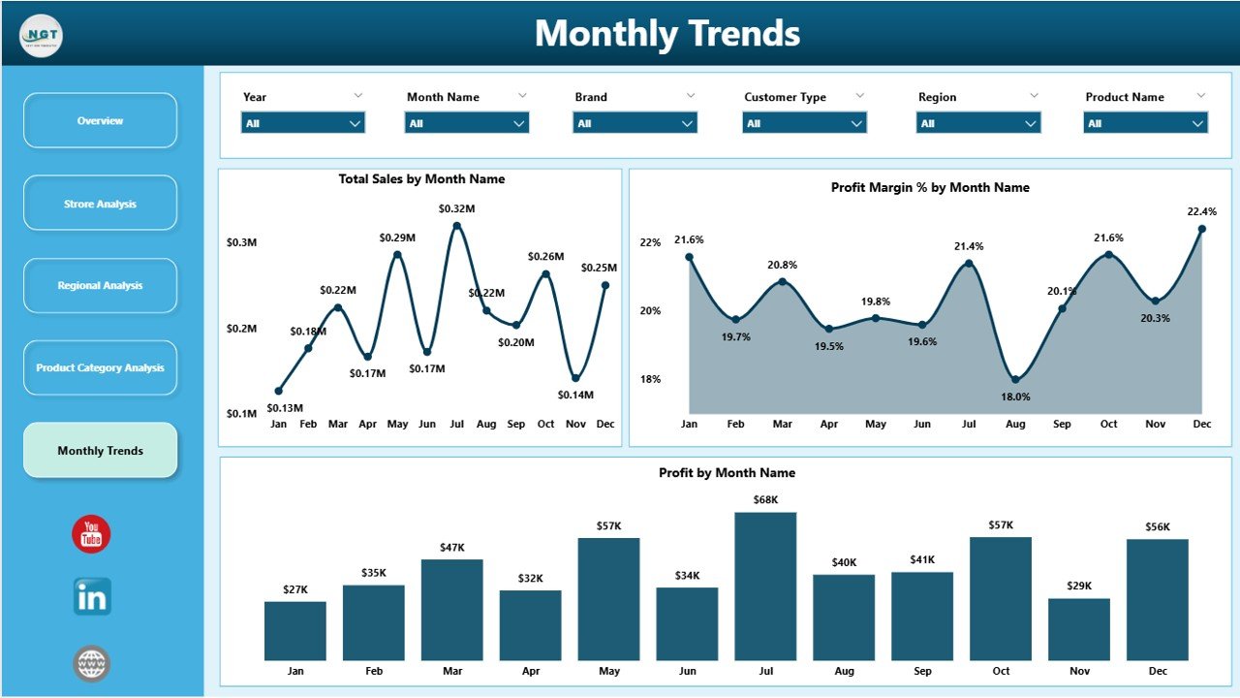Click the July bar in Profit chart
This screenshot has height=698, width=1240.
click(765, 586)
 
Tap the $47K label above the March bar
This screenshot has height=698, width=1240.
click(451, 548)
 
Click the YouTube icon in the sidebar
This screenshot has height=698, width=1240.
click(91, 534)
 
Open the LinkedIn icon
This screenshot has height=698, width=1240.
click(92, 597)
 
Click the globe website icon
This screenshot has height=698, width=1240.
click(92, 664)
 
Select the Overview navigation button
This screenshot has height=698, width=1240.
click(100, 121)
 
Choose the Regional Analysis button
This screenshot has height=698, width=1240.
click(100, 286)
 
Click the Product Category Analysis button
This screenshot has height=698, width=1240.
click(100, 368)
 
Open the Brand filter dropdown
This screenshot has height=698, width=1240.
click(635, 123)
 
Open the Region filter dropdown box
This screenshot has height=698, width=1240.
click(978, 123)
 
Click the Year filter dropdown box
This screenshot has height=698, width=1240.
click(302, 123)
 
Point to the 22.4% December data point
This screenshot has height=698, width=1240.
click(1201, 229)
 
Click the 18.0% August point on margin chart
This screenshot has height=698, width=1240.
click(1015, 379)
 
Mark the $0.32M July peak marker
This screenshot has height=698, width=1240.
click(456, 226)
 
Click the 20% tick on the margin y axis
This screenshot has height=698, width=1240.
click(649, 310)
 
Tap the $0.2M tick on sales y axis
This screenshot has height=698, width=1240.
click(241, 329)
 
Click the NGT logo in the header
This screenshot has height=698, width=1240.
click(41, 37)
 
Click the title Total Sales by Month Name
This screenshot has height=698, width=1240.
click(421, 179)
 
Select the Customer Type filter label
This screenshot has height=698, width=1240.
click(785, 97)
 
